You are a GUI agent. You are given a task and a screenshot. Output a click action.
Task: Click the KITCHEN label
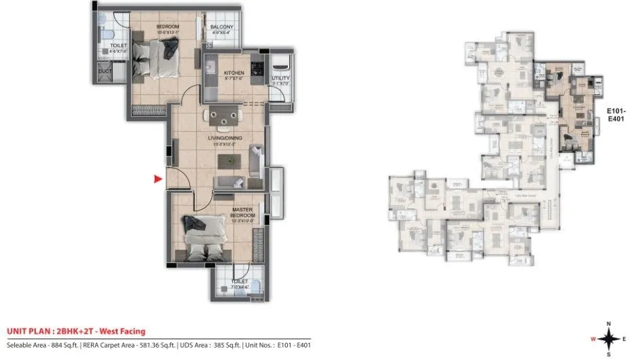[234, 73]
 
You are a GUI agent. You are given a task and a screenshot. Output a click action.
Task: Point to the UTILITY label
[280, 78]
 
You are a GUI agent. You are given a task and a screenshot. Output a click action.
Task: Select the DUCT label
[105, 71]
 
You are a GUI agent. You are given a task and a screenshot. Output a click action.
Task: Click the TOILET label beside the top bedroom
[119, 46]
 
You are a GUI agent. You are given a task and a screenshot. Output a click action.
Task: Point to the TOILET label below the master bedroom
[239, 281]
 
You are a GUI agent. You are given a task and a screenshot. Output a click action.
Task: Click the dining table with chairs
[223, 116]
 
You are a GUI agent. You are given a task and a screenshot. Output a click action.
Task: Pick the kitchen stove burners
[258, 69]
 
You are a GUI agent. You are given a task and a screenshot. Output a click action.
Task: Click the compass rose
[608, 337]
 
